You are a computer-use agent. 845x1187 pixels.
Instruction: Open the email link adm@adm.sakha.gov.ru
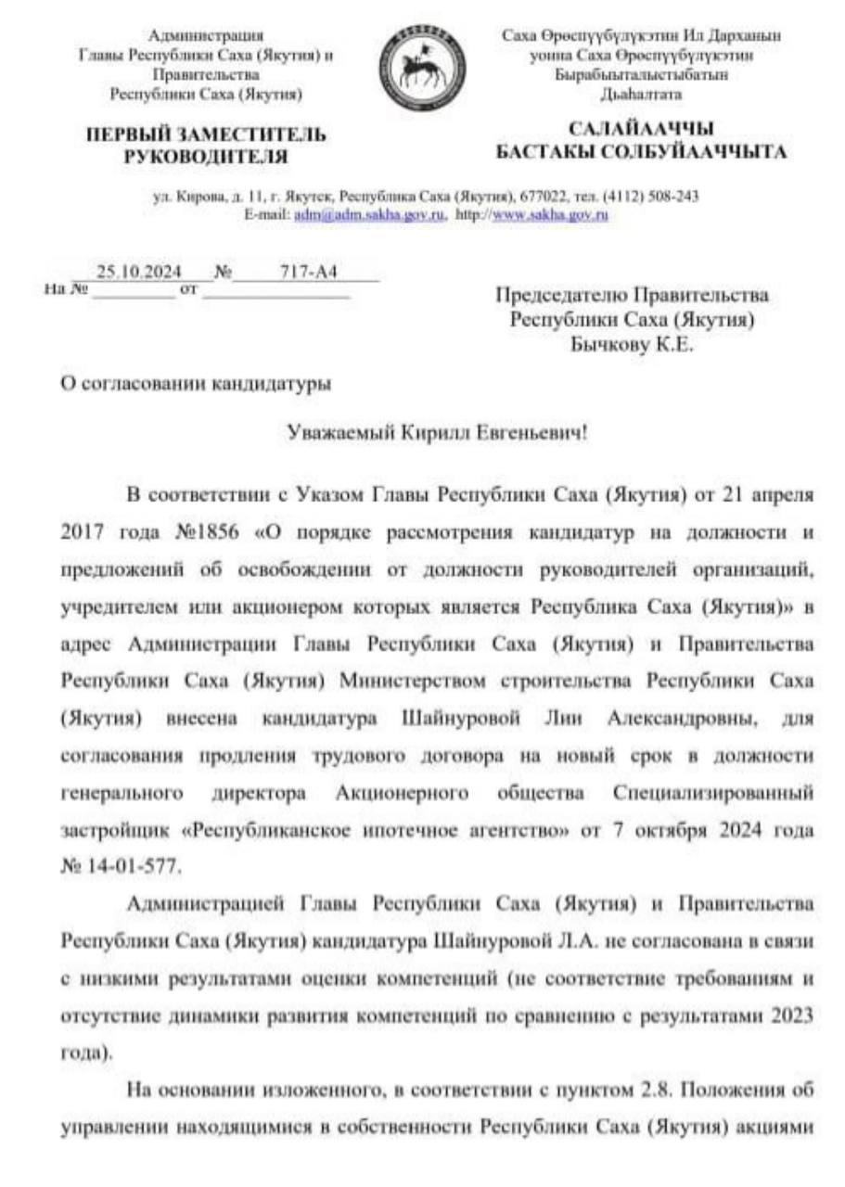tap(369, 214)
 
